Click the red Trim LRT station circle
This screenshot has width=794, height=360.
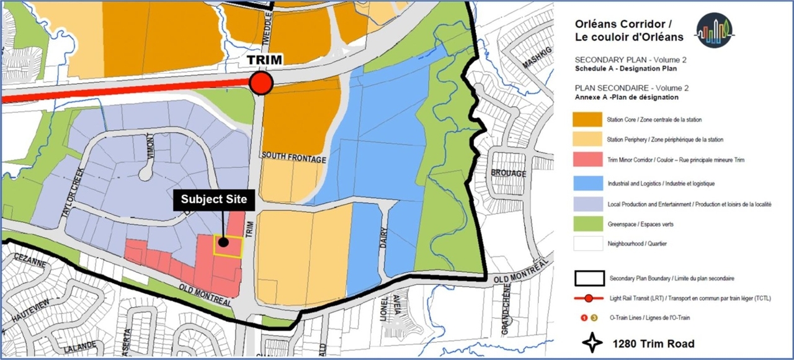tap(261, 83)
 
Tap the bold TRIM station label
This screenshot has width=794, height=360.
tap(265, 60)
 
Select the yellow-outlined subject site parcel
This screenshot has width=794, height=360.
tap(228, 245)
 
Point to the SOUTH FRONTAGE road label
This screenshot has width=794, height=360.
tap(294, 160)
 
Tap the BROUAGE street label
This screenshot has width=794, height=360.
tap(508, 173)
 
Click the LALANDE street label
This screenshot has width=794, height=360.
tap(79, 346)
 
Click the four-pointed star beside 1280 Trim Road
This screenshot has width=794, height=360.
tap(593, 343)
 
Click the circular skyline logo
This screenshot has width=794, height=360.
tap(714, 30)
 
